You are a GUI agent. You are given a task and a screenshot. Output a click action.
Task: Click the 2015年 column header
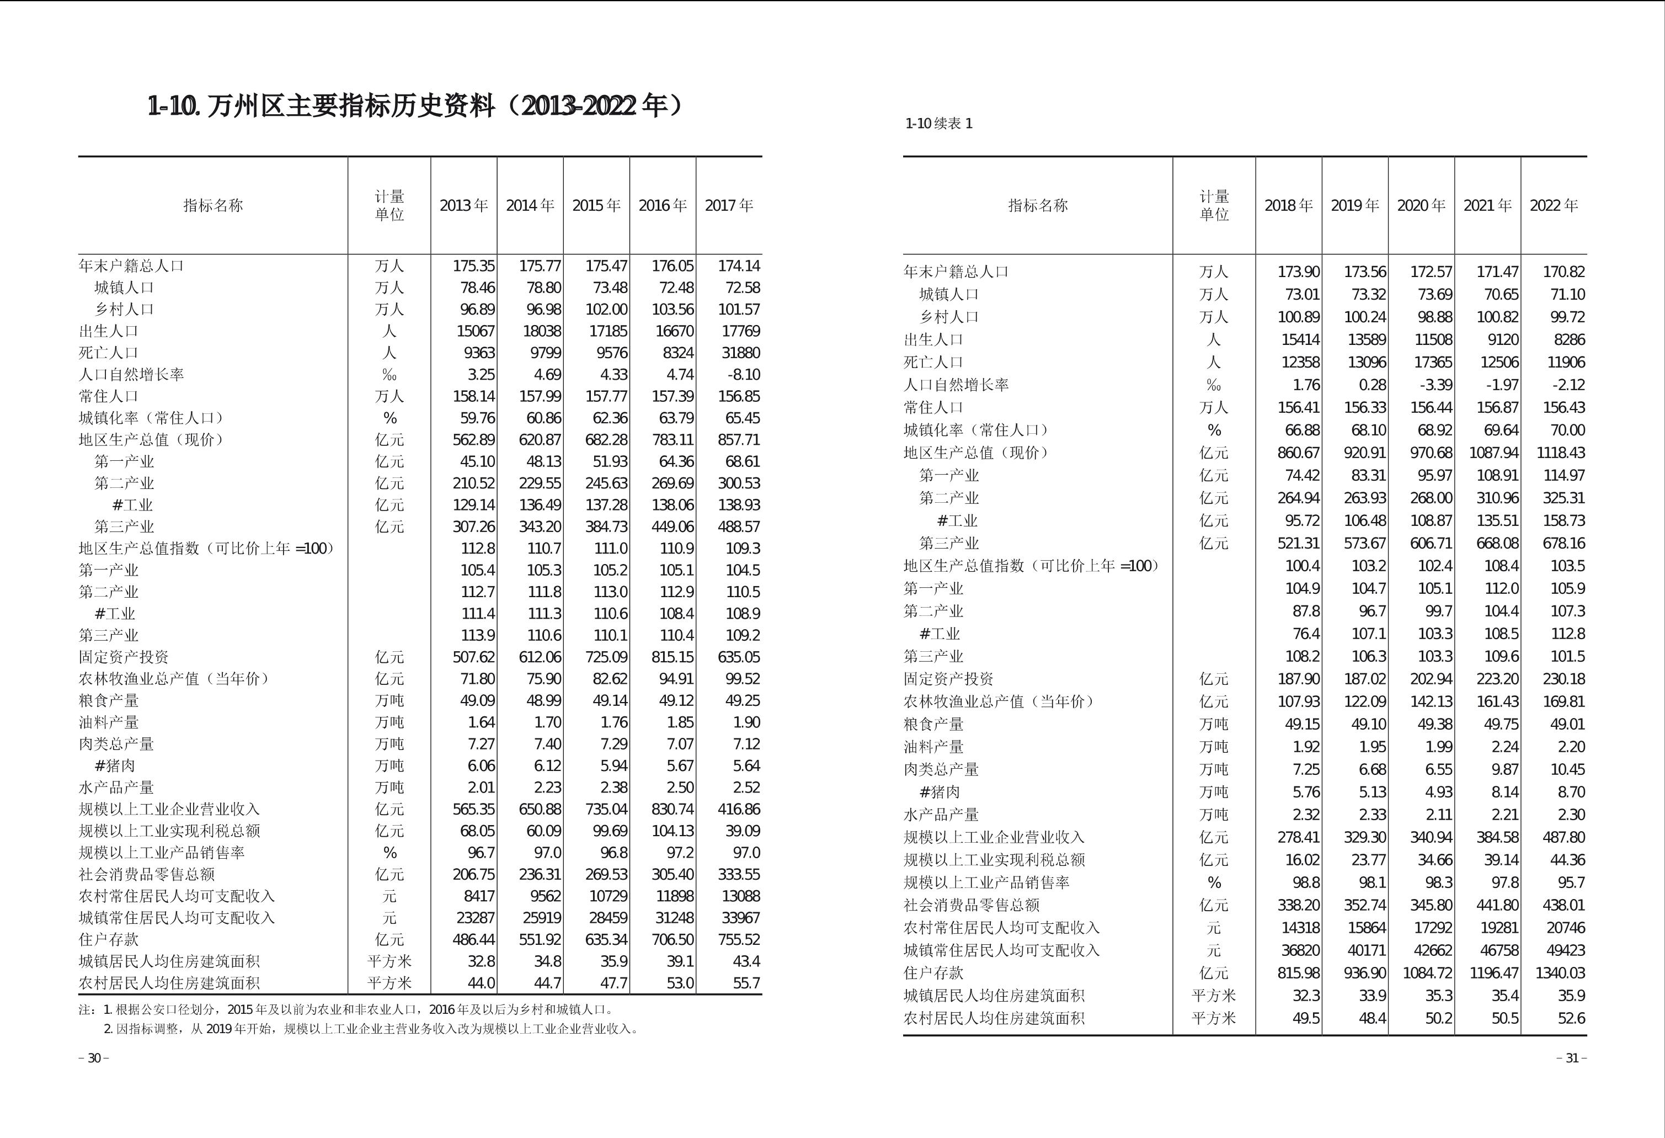click(596, 206)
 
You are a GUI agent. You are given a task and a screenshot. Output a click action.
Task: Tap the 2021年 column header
click(1487, 206)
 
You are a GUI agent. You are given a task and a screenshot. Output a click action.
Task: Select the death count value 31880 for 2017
click(739, 353)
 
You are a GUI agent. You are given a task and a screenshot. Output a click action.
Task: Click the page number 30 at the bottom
click(94, 1059)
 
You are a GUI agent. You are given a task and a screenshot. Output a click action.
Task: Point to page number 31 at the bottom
click(1572, 1059)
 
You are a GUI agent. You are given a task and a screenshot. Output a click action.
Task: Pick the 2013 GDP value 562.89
click(473, 439)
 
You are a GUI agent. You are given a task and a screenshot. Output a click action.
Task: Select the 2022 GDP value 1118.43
click(1560, 453)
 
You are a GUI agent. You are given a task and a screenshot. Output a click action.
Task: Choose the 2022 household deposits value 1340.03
click(1560, 973)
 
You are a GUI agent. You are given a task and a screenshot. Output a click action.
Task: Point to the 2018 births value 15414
click(1300, 339)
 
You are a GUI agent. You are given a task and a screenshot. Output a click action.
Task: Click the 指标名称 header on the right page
click(1037, 206)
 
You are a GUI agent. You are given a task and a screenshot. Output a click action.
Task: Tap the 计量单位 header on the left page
click(389, 206)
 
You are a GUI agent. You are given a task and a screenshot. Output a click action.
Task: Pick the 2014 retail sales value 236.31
click(540, 874)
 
